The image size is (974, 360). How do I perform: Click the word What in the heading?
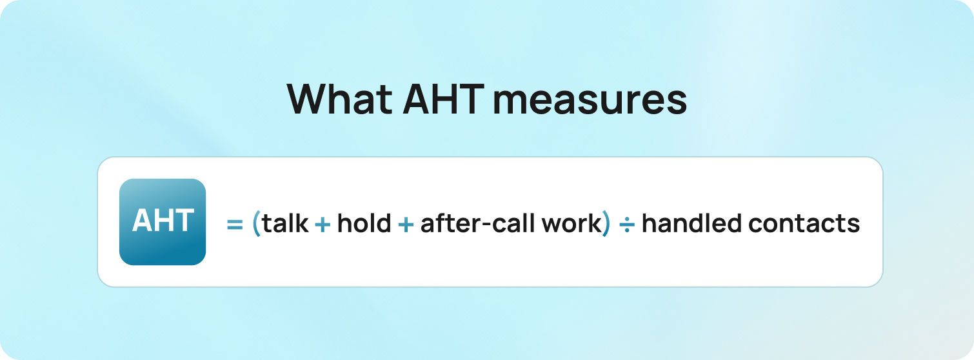click(339, 99)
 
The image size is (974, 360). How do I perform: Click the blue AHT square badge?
click(163, 222)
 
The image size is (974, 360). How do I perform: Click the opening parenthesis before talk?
click(256, 224)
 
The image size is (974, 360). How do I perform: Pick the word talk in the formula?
click(285, 223)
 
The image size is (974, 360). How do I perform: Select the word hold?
click(364, 223)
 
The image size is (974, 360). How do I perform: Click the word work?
click(571, 223)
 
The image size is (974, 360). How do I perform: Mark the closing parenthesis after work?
click(606, 224)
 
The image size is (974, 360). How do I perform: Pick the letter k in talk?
click(303, 223)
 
